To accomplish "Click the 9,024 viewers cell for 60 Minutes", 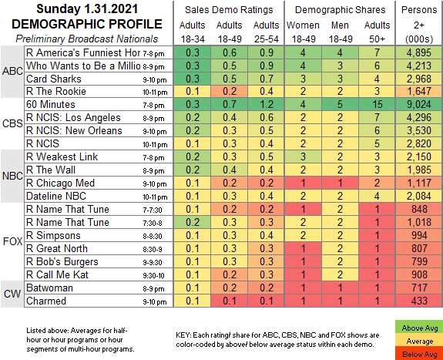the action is pyautogui.click(x=419, y=104).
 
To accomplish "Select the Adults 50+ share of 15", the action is pyautogui.click(x=378, y=104).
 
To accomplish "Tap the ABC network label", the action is pyautogui.click(x=12, y=71).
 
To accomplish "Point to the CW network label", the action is pyautogui.click(x=12, y=294).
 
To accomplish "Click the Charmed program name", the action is pyautogui.click(x=46, y=301).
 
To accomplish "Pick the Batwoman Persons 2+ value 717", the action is pyautogui.click(x=419, y=288).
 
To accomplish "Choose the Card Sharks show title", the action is pyautogui.click(x=54, y=79).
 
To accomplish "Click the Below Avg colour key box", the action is pyautogui.click(x=420, y=354).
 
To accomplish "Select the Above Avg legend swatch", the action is pyautogui.click(x=420, y=328).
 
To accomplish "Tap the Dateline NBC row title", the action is pyautogui.click(x=56, y=196).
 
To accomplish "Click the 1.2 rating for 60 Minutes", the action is pyautogui.click(x=266, y=104).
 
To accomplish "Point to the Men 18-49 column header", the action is pyautogui.click(x=341, y=32).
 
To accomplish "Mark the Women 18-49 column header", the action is pyautogui.click(x=303, y=32).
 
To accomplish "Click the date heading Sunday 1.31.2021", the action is pyautogui.click(x=87, y=8).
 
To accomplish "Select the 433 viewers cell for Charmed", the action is pyautogui.click(x=419, y=301).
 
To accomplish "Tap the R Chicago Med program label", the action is pyautogui.click(x=60, y=183).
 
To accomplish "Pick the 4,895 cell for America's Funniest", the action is pyautogui.click(x=419, y=52).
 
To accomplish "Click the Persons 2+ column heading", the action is pyautogui.click(x=419, y=25).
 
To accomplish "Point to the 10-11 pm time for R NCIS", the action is pyautogui.click(x=155, y=145).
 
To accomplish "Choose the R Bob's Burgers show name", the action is pyautogui.click(x=62, y=261).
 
